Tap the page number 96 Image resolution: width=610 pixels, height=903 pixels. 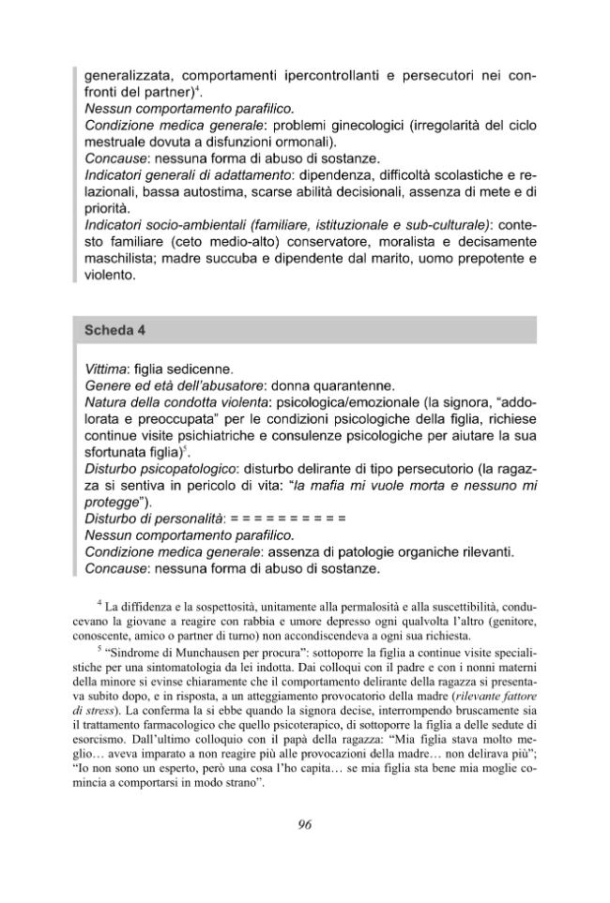tap(304, 824)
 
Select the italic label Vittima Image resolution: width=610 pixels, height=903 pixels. tap(109, 369)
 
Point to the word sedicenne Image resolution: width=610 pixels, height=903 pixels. tap(202, 369)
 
